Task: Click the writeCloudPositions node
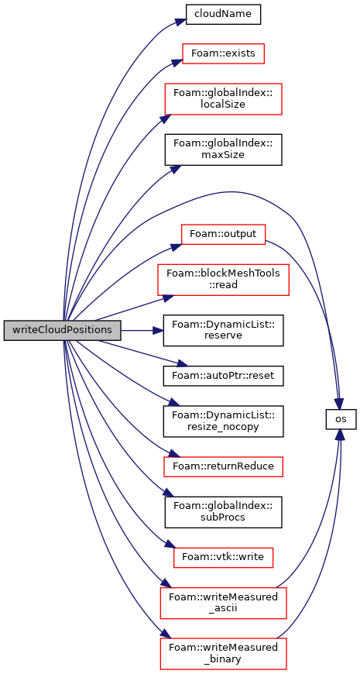click(62, 330)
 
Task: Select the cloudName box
click(223, 14)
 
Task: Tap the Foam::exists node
click(223, 53)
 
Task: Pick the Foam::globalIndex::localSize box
click(223, 99)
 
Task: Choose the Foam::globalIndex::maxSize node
click(223, 150)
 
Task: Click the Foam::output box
click(223, 234)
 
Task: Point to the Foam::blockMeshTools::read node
click(223, 280)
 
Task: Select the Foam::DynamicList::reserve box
click(223, 330)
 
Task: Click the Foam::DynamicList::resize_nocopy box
click(223, 421)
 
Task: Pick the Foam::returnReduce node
click(223, 466)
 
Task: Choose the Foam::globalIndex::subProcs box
click(223, 511)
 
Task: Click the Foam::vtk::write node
click(223, 557)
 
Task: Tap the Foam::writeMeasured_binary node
click(223, 653)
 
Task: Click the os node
click(341, 418)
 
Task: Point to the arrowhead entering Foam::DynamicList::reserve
click(159, 330)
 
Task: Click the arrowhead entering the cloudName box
click(181, 22)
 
